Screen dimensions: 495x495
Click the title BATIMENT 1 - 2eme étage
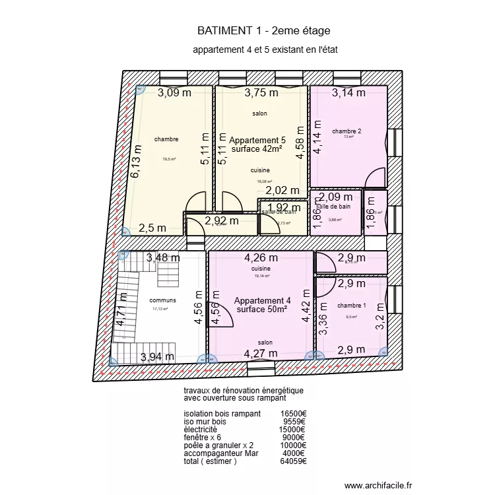click(x=263, y=30)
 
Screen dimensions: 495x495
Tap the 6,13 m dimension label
click(x=136, y=162)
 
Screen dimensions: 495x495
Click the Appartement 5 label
click(x=257, y=141)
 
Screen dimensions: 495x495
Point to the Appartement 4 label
click(x=262, y=301)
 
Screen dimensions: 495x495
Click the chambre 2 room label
click(x=346, y=131)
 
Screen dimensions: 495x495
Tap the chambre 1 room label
click(x=351, y=306)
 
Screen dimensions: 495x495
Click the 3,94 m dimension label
click(x=157, y=358)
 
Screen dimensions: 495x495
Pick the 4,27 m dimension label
click(x=261, y=354)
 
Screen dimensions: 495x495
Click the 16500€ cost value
click(x=293, y=414)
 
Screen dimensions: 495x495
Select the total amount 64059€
click(x=293, y=461)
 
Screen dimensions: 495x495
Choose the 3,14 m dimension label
click(x=348, y=93)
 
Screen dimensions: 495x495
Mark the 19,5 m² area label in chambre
click(x=169, y=159)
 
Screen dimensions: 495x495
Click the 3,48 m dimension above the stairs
click(x=162, y=258)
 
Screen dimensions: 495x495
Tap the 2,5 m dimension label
click(x=152, y=228)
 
